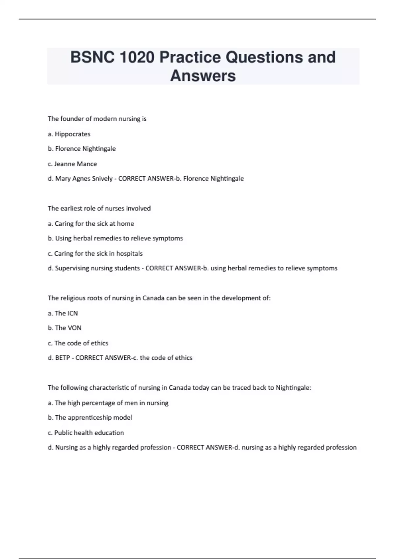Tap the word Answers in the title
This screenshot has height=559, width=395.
tap(203, 76)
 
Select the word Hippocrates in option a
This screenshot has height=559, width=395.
tap(72, 134)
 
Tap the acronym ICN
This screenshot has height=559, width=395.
tap(72, 313)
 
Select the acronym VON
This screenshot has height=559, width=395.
tap(74, 328)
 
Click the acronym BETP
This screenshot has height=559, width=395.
tap(63, 358)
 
